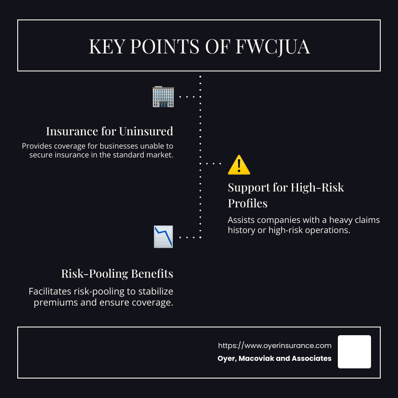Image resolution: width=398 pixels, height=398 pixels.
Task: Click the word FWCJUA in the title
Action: pos(273,47)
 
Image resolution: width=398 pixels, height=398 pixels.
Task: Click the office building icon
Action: pos(163,97)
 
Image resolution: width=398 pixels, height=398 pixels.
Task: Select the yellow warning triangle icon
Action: pos(239,165)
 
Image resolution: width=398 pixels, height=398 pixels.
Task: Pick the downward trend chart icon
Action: pos(163,237)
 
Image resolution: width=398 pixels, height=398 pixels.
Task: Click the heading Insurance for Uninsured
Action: pos(110,131)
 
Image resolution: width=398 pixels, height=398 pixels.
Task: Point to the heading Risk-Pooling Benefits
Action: pos(117,274)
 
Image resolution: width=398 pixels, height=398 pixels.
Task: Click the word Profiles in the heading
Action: pos(248,203)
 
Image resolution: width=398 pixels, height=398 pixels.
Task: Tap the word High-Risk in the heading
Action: pos(317,188)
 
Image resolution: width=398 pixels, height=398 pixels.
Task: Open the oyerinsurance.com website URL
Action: pos(275,345)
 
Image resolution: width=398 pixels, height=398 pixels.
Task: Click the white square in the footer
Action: pos(354,352)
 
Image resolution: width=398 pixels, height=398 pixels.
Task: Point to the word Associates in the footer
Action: pos(311,358)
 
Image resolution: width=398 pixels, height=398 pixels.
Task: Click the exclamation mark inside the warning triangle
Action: pos(239,166)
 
